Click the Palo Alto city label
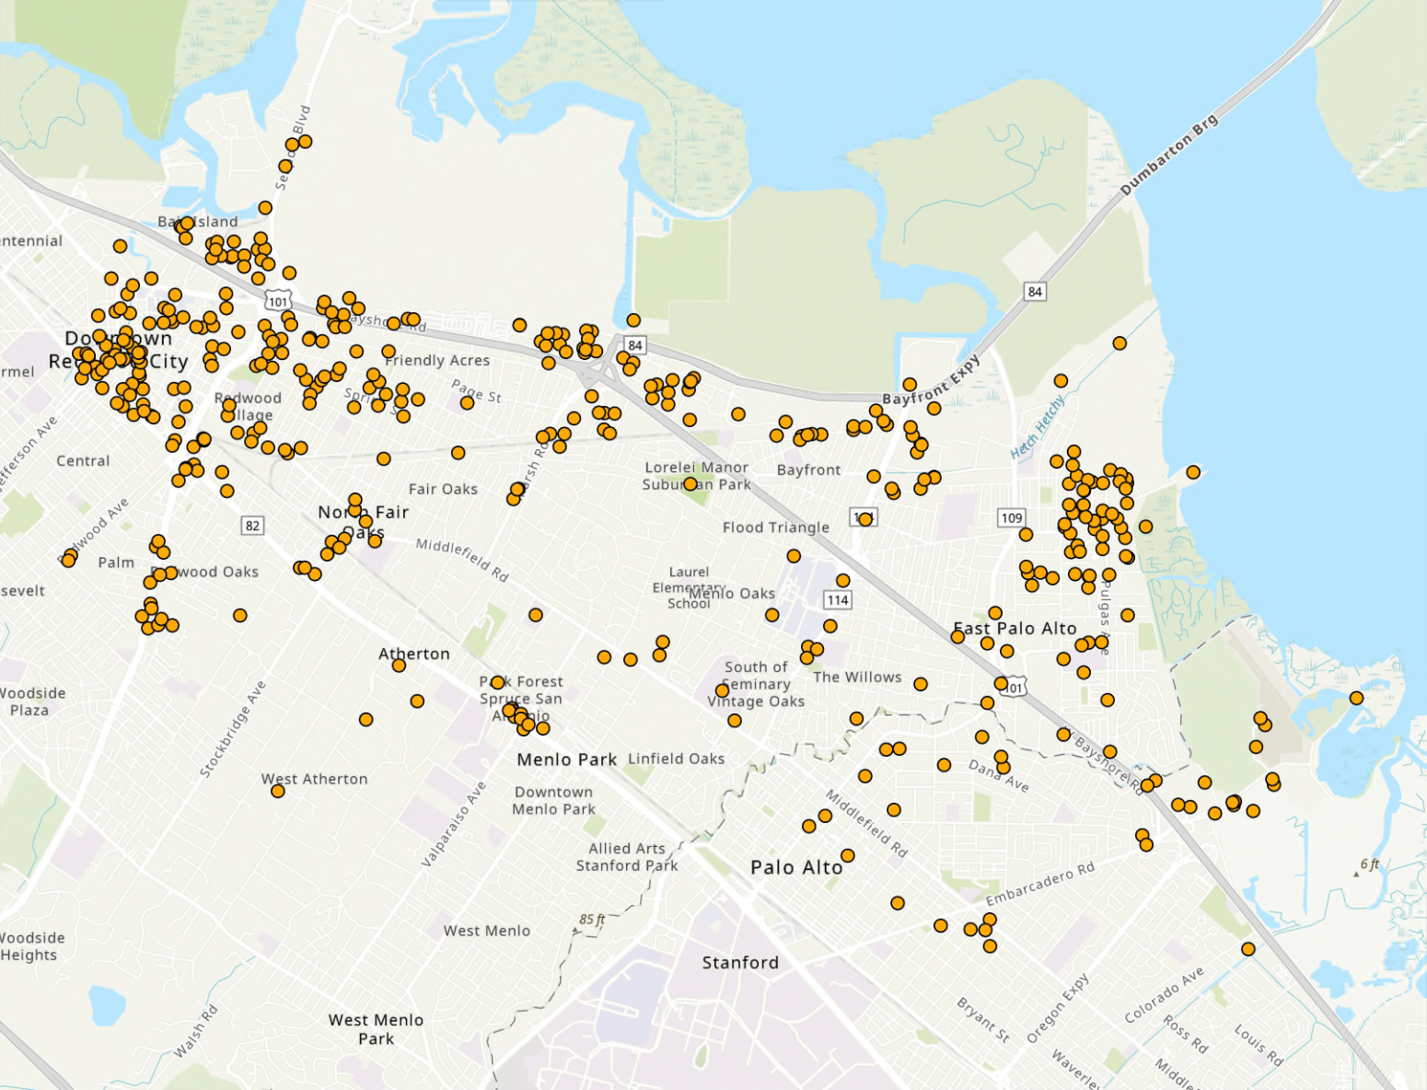point(796,867)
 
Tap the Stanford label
point(740,962)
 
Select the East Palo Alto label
point(1015,628)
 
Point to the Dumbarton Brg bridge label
point(1168,155)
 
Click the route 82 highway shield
point(252,526)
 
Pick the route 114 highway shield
point(838,600)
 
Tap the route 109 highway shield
point(1012,517)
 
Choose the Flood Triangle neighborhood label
point(775,528)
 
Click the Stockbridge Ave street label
point(233,729)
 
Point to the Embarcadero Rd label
point(1040,884)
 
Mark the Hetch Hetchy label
point(1038,427)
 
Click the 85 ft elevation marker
point(592,920)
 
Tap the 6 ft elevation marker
point(1370,864)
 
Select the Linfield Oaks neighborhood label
point(676,759)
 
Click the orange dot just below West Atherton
point(278,791)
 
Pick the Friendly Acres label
point(437,360)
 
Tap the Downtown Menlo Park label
point(554,800)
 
